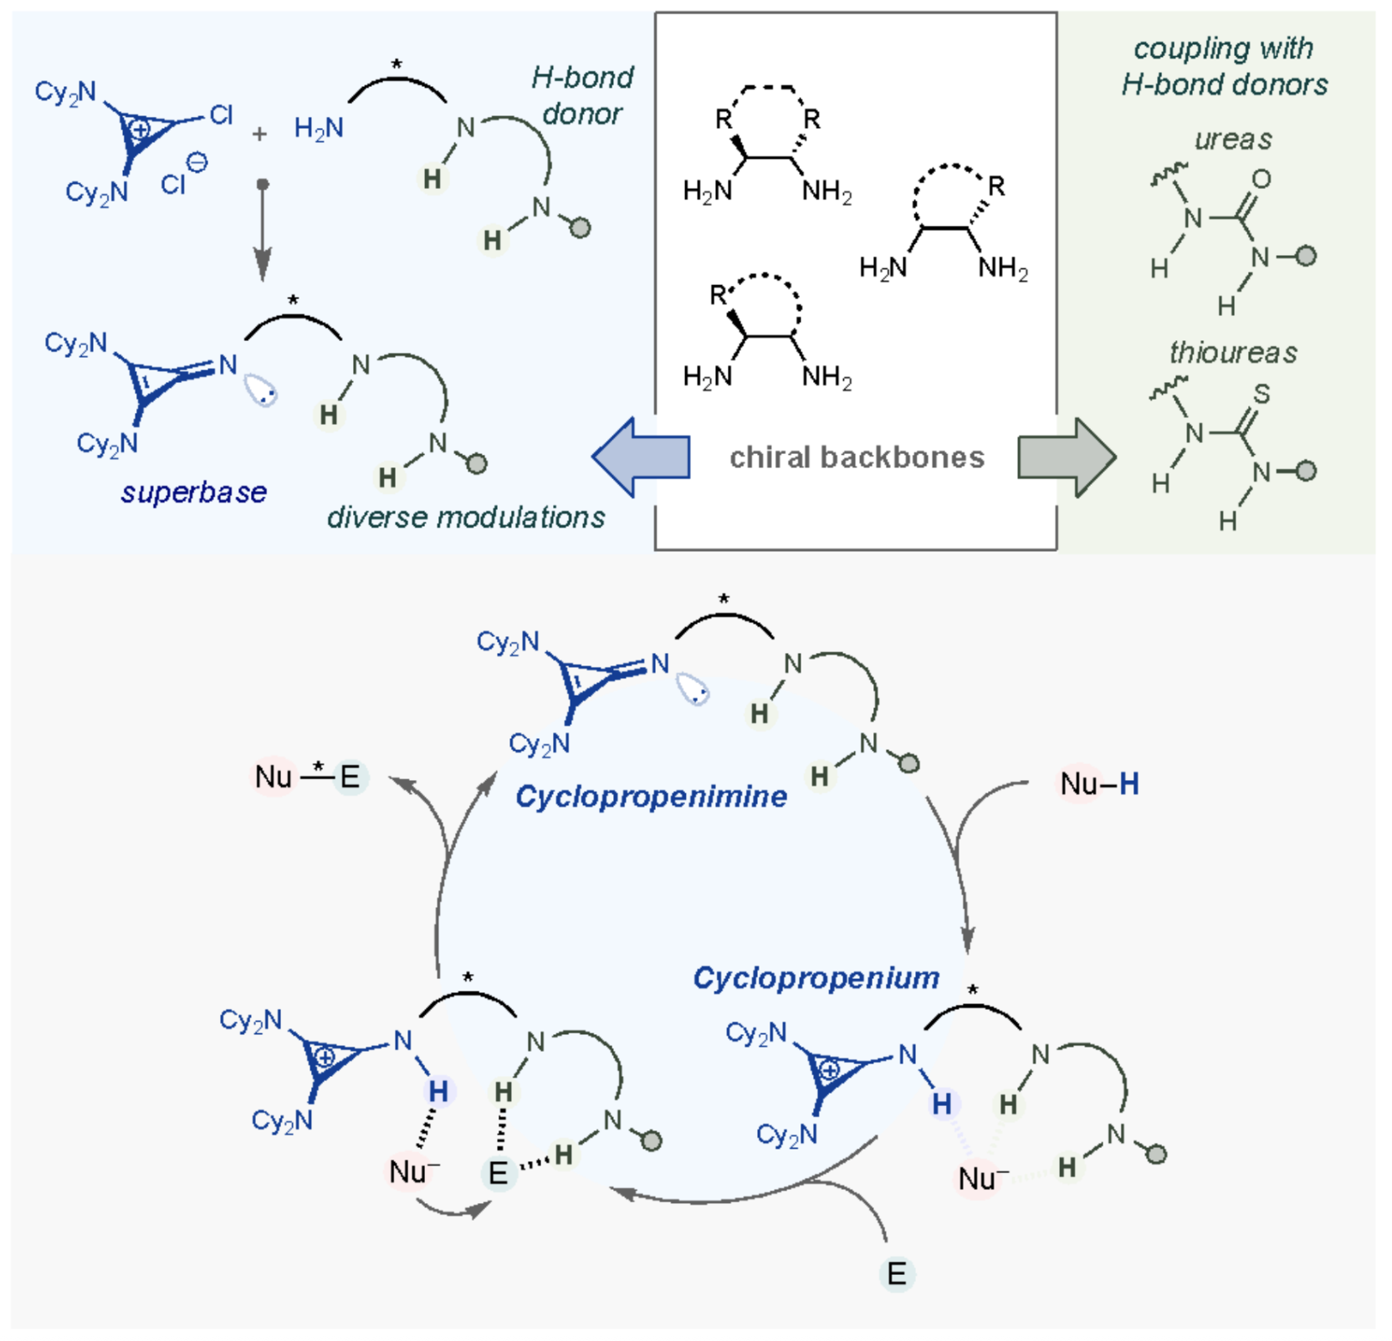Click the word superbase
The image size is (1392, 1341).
tap(194, 492)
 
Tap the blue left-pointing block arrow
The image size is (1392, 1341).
tap(642, 457)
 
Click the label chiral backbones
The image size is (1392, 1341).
tap(857, 457)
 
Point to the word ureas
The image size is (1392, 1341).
tap(1233, 139)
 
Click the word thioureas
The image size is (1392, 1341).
tap(1233, 353)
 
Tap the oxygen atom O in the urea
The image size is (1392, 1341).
tap(1261, 178)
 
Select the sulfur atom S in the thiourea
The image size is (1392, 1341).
tap(1261, 393)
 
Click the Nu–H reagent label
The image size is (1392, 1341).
tap(1098, 784)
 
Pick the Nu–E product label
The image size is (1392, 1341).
tap(307, 777)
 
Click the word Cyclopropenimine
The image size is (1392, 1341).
tap(651, 797)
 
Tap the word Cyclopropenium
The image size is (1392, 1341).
tap(816, 977)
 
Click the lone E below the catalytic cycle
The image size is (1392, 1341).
tap(897, 1274)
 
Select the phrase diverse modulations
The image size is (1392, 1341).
tap(466, 518)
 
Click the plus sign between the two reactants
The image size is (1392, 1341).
tap(259, 134)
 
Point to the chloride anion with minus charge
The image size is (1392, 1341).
tap(183, 176)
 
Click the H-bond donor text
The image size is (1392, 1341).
tap(582, 95)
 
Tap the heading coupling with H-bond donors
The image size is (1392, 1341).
tap(1224, 67)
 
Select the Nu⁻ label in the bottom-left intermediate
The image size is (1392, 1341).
tap(414, 1171)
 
